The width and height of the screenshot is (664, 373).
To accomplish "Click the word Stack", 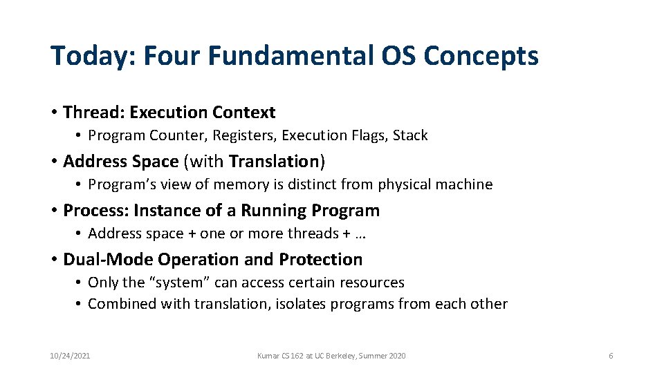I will tap(410, 135).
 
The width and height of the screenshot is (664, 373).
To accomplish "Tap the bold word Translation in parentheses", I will tap(273, 161).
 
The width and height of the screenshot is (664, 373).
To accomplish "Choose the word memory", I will tap(239, 184).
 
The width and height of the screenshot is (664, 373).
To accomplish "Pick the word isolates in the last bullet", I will tap(301, 304).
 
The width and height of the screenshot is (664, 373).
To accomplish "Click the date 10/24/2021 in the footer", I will tap(70, 356).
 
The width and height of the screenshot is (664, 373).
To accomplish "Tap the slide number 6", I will tap(611, 356).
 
